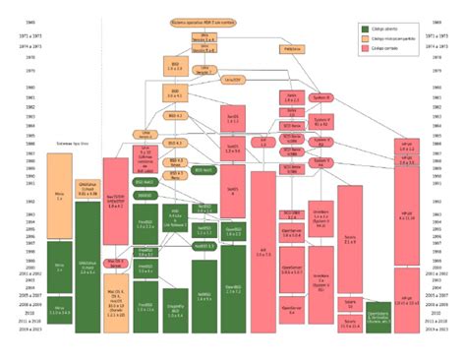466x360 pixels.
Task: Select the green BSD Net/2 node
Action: pyautogui.click(x=145, y=182)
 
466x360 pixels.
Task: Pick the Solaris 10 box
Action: pyautogui.click(x=350, y=301)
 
